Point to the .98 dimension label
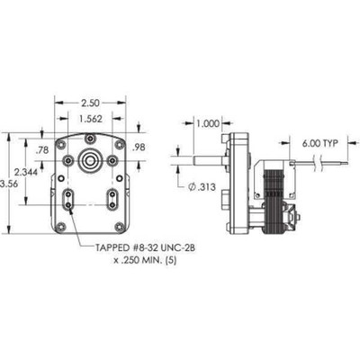coord(138,147)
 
